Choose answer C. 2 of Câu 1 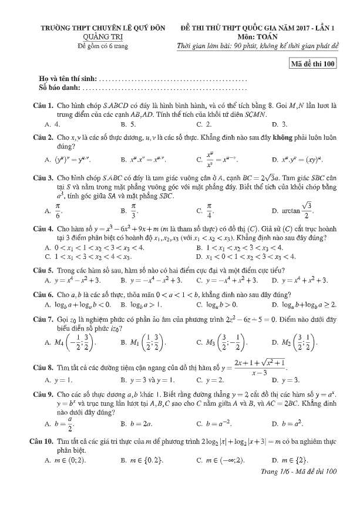[x=204, y=124]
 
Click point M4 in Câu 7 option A [x=68, y=342]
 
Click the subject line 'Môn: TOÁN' [x=258, y=36]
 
